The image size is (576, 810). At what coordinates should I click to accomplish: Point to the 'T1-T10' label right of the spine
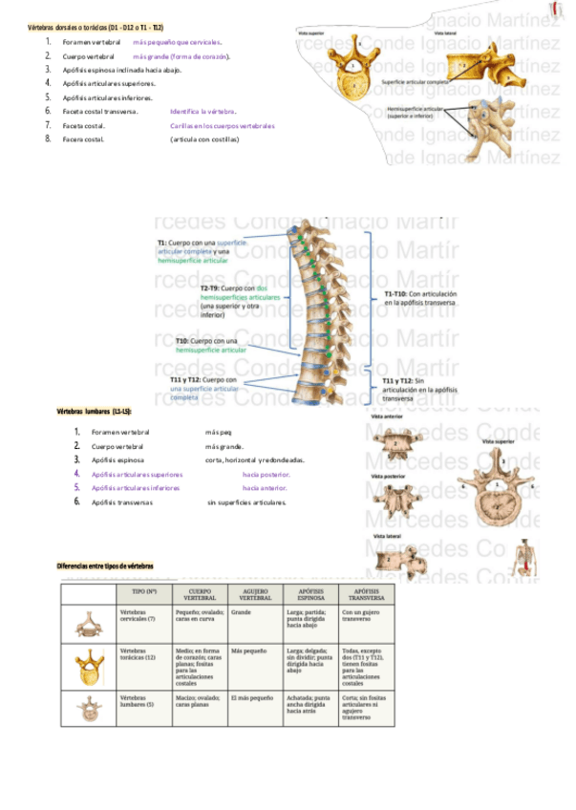(396, 293)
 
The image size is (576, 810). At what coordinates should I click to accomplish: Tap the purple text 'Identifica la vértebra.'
(203, 112)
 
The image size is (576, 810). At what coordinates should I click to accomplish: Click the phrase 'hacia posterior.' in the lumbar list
(267, 474)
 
